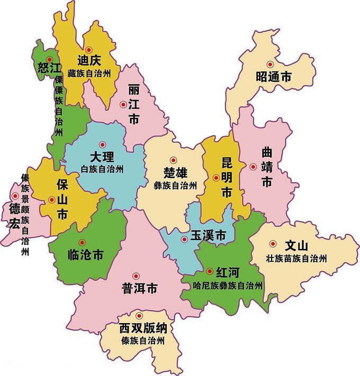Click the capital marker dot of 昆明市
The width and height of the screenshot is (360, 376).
coord(215,178)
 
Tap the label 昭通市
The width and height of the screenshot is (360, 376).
coord(273,77)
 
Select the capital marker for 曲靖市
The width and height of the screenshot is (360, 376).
coord(253,167)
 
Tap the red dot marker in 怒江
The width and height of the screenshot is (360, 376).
coord(49,59)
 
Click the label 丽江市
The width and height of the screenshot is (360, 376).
coord(133,106)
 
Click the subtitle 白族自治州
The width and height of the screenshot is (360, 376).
coord(102,169)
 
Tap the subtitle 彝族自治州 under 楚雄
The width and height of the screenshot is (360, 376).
coord(175,186)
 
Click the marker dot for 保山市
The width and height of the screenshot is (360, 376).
coord(51,199)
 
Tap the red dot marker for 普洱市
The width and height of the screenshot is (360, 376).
coord(136,276)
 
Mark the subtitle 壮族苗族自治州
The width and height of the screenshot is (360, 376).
coord(296,259)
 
